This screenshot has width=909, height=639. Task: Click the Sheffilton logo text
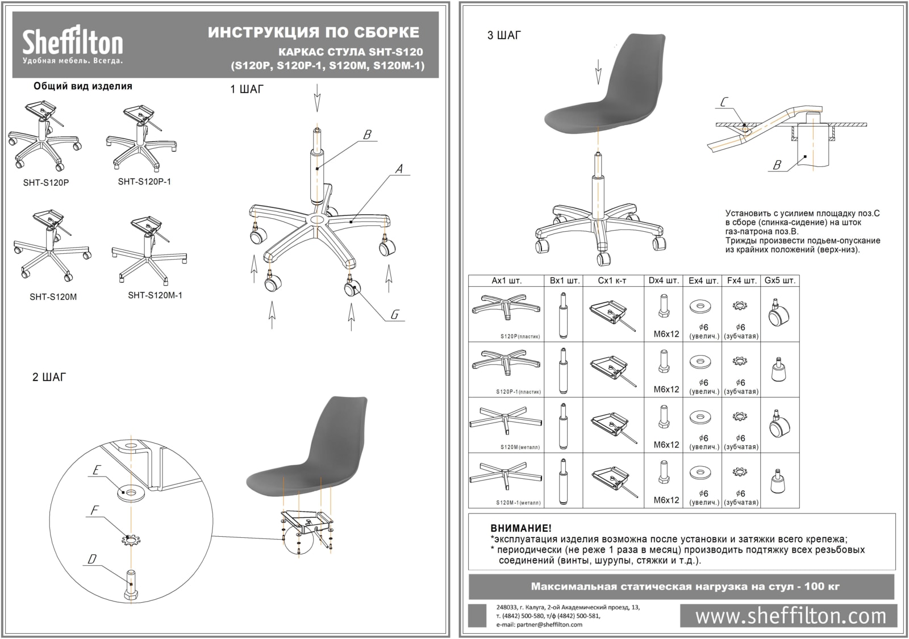[72, 42]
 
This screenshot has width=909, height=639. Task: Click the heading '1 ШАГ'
[247, 89]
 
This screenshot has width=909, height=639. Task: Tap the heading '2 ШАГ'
[49, 377]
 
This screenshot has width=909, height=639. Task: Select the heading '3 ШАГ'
[504, 35]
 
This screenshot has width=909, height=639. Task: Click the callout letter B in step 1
[367, 134]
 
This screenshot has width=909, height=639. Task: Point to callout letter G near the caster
[394, 314]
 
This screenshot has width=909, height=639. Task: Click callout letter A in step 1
[399, 169]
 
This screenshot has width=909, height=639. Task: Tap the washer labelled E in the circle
[131, 491]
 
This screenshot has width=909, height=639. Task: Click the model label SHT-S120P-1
[144, 182]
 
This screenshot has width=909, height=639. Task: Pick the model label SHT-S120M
[53, 296]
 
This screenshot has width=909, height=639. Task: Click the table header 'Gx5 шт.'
[779, 281]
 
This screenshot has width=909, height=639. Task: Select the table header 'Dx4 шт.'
[664, 281]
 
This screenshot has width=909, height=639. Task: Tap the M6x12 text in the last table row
[666, 500]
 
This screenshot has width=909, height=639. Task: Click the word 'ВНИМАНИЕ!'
[520, 529]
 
